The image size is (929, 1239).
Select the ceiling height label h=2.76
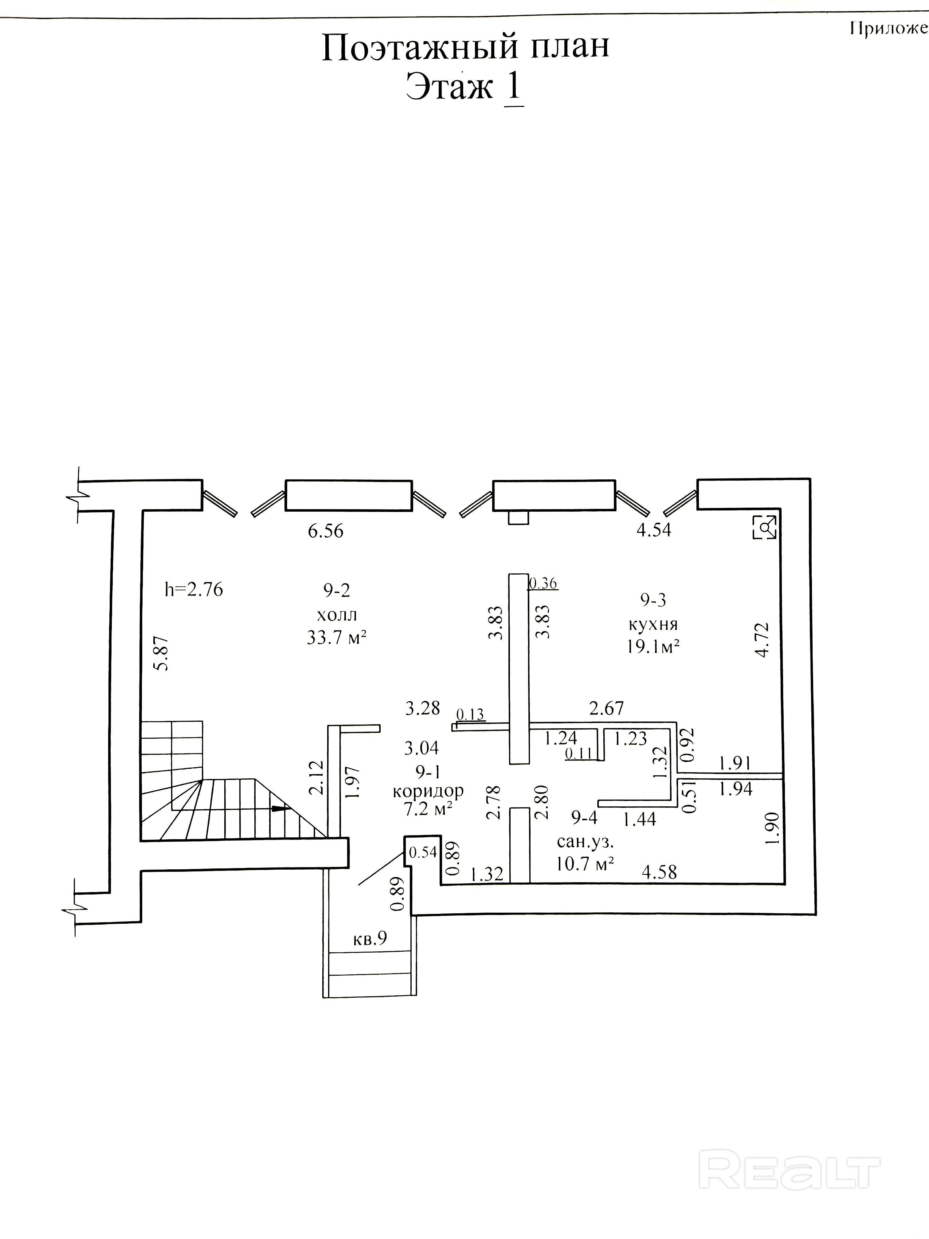tap(194, 589)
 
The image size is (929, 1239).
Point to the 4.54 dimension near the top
tap(653, 530)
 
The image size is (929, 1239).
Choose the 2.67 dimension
tap(606, 709)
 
